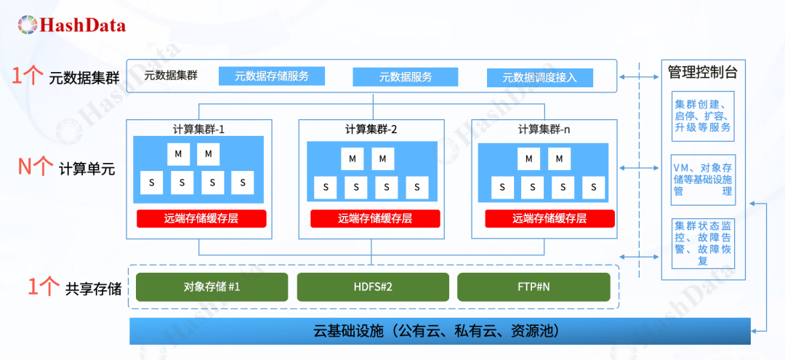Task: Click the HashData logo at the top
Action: tap(72, 25)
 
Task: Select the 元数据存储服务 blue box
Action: tap(271, 76)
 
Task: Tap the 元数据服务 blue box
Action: tap(406, 77)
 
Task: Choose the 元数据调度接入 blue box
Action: tap(539, 77)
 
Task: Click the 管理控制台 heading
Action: tap(702, 72)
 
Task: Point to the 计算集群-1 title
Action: tap(198, 129)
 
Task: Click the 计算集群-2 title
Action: tap(371, 129)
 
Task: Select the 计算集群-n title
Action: tap(544, 129)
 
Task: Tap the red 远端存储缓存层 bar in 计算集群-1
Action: tap(201, 218)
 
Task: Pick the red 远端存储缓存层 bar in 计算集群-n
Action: tap(549, 218)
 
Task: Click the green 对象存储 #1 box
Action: tap(212, 287)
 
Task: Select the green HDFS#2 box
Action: tap(372, 287)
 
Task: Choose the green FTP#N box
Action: tap(534, 287)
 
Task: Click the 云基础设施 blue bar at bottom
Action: tap(440, 332)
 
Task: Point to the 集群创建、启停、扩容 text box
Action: tap(702, 116)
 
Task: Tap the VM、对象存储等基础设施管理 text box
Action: tap(702, 180)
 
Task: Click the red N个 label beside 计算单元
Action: tap(35, 168)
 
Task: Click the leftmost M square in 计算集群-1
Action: tap(178, 155)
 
